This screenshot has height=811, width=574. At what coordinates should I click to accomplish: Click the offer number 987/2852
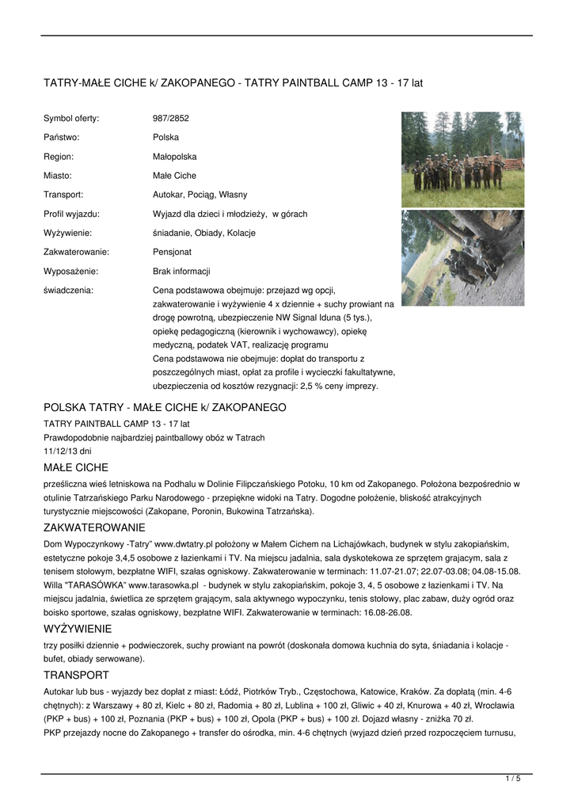170,119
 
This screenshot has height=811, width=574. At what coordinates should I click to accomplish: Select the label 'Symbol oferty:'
71,119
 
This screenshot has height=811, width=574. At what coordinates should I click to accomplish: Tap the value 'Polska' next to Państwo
165,138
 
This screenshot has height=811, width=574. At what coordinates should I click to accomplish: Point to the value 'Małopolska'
174,157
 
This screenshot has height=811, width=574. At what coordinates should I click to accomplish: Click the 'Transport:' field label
63,195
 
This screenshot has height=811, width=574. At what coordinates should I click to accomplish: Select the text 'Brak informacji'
181,271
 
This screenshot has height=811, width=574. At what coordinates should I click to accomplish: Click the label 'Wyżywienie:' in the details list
67,233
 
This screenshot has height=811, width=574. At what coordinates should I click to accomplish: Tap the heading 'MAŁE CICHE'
76,467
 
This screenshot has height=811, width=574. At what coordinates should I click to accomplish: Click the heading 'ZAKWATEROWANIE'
94,527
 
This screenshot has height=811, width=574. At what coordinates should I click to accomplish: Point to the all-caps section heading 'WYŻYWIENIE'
78,628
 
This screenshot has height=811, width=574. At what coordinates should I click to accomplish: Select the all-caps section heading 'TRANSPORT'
76,675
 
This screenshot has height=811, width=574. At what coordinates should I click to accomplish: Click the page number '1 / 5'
513,779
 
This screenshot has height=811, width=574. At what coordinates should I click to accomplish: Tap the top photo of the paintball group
462,159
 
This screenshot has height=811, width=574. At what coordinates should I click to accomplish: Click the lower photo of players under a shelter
462,257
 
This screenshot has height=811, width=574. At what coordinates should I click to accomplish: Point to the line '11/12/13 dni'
67,451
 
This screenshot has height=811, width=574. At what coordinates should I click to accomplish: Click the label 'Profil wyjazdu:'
71,214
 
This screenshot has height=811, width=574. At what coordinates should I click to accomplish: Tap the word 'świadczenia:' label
68,290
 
